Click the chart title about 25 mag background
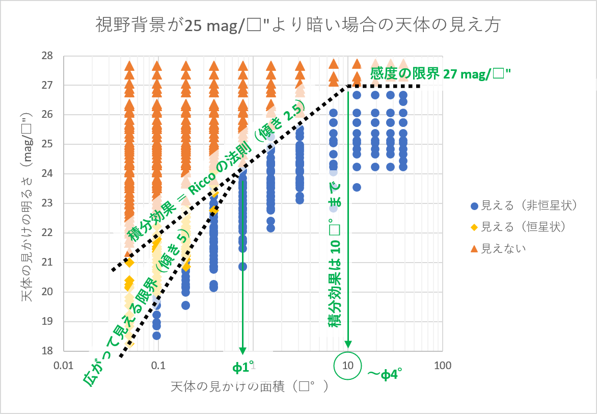[298, 24]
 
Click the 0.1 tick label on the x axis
[158, 366]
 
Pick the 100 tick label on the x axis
[442, 366]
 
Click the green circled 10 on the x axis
[348, 366]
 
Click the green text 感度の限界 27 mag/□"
[441, 73]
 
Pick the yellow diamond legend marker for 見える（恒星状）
[474, 227]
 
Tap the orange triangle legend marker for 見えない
[474, 248]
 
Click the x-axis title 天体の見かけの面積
[249, 387]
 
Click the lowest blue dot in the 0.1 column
[157, 335]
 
